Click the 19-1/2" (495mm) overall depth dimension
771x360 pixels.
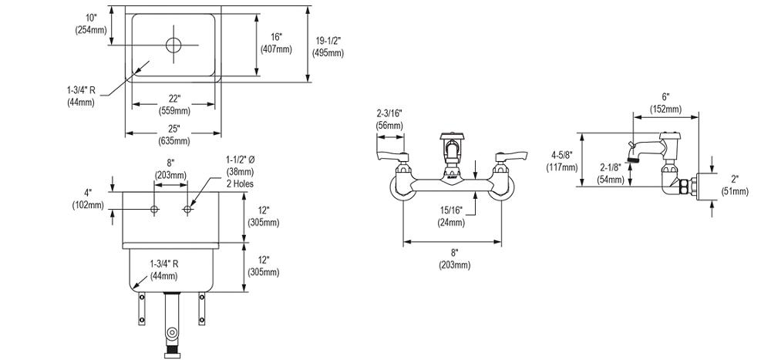(328, 46)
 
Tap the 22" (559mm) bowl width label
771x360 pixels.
(174, 104)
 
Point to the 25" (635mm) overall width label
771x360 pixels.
(174, 134)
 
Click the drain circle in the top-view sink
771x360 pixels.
(174, 44)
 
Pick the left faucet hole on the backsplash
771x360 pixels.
(155, 210)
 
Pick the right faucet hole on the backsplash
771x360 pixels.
(187, 210)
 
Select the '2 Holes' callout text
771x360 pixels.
(239, 184)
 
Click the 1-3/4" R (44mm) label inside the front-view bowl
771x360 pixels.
(163, 269)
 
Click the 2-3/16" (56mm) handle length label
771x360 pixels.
(389, 119)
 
